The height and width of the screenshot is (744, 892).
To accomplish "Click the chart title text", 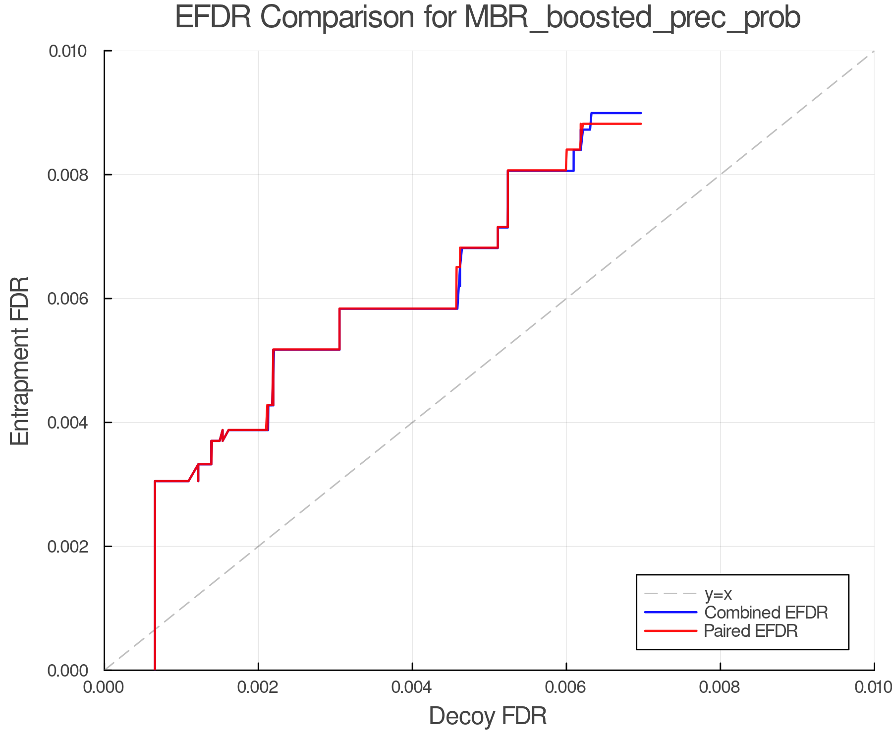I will [488, 18].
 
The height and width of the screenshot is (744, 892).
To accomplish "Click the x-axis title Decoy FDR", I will [488, 716].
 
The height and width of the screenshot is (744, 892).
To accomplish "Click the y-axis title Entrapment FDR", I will [20, 361].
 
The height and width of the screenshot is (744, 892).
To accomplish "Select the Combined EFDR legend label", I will [766, 613].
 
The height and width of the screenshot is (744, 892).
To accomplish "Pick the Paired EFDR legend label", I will [750, 631].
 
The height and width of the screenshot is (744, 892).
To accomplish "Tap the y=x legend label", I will [718, 594].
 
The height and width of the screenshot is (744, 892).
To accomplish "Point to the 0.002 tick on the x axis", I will [258, 687].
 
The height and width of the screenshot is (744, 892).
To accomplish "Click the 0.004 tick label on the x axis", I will [412, 687].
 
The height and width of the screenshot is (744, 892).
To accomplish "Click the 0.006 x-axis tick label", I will [566, 687].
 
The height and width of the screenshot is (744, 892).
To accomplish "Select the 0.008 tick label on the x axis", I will [720, 687].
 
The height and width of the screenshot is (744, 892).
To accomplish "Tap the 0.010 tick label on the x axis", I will [873, 687].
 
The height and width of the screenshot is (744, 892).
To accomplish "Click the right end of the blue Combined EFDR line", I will [641, 113].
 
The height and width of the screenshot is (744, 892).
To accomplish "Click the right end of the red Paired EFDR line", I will [641, 124].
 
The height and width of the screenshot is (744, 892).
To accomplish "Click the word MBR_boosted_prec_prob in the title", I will [632, 18].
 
